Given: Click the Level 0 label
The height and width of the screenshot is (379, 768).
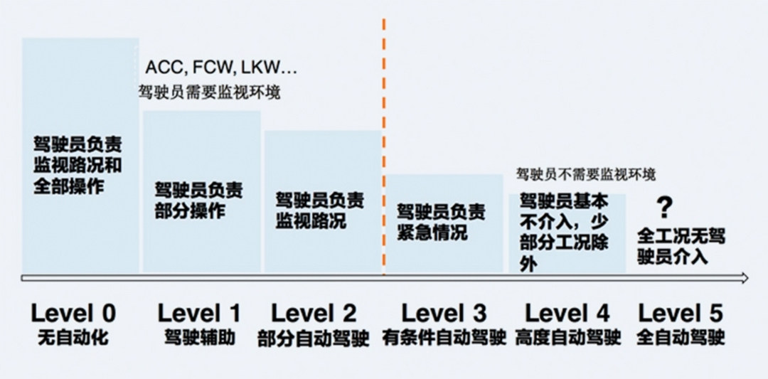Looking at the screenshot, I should point(73,313).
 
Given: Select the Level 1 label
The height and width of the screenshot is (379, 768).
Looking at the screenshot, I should point(199,313).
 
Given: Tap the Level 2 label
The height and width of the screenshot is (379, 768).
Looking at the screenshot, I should point(314,313).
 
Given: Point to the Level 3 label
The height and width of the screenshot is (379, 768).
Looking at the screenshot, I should point(444,313).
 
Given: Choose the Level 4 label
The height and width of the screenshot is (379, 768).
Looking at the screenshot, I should point(567,313).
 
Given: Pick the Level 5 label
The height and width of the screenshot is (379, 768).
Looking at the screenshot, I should point(680,313).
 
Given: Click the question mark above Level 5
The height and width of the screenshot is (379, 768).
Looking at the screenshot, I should point(664,208).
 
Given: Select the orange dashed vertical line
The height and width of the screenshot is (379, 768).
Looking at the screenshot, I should point(384,142).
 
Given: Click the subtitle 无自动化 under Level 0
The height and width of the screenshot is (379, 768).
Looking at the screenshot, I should point(73,337).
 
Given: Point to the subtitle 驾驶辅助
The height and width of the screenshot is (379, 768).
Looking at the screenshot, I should point(199,337).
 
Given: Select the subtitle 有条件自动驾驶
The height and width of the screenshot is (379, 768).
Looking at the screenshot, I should point(444,337).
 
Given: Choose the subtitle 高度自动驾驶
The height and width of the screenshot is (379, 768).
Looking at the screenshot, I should point(567,337).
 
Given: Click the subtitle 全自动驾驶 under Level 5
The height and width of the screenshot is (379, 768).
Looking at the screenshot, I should point(680,337).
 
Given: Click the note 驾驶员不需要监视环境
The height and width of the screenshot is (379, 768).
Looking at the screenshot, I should point(586,174).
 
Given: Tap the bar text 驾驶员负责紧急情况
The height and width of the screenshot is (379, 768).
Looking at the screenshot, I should point(442,221).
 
